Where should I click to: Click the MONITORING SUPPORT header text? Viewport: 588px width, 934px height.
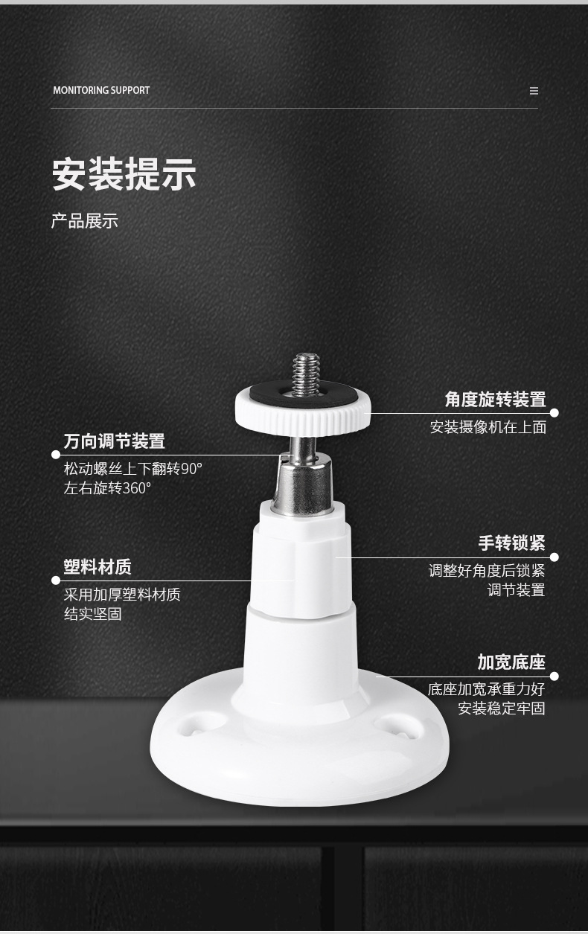pyautogui.click(x=101, y=90)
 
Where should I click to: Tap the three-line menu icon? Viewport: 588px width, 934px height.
pyautogui.click(x=534, y=91)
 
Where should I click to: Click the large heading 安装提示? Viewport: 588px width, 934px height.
pyautogui.click(x=124, y=174)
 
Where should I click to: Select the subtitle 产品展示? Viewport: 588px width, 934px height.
pyautogui.click(x=85, y=220)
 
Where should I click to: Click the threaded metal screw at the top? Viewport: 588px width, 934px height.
pyautogui.click(x=306, y=374)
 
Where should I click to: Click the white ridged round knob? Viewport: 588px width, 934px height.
pyautogui.click(x=303, y=412)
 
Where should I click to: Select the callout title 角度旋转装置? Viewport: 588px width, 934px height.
pyautogui.click(x=496, y=399)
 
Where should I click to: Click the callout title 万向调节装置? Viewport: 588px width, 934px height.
pyautogui.click(x=115, y=441)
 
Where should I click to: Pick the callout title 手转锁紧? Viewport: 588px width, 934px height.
pyautogui.click(x=511, y=543)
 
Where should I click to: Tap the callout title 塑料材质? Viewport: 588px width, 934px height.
pyautogui.click(x=98, y=567)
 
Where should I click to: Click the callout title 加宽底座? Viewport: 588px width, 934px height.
pyautogui.click(x=511, y=662)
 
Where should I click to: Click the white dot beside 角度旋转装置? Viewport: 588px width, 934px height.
pyautogui.click(x=555, y=413)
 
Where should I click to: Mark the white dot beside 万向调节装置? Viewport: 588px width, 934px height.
pyautogui.click(x=56, y=455)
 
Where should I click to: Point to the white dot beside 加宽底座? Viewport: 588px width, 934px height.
pyautogui.click(x=555, y=676)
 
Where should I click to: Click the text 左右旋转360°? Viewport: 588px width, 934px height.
pyautogui.click(x=107, y=488)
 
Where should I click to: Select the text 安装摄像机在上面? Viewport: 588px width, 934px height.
pyautogui.click(x=488, y=427)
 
